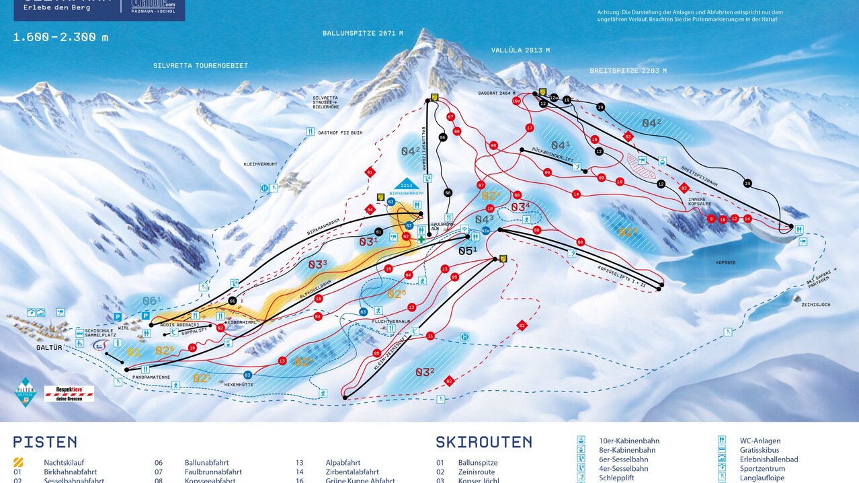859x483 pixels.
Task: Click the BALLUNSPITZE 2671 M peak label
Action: (362, 33)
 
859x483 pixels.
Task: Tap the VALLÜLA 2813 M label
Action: (520, 50)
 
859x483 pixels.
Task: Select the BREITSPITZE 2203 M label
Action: (628, 70)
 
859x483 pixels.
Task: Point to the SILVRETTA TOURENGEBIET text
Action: (200, 66)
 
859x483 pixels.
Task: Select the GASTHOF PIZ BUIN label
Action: (340, 133)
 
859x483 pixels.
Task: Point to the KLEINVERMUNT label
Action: (260, 164)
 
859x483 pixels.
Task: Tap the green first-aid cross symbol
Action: (421, 239)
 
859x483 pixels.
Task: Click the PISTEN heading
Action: (45, 442)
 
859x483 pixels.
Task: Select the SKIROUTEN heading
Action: (483, 442)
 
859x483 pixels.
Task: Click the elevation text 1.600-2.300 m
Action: (60, 38)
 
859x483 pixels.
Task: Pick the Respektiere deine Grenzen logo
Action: (69, 394)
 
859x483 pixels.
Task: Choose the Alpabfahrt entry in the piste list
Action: (324, 463)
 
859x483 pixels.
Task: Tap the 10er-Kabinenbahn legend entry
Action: (626, 441)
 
